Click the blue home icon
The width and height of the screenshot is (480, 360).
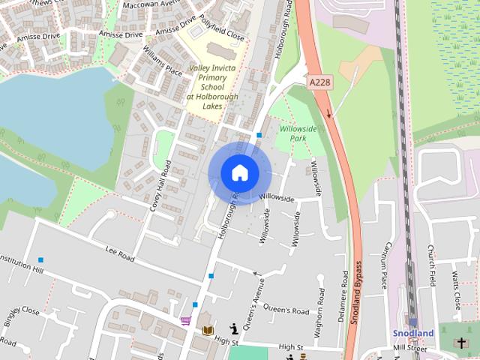[239, 172]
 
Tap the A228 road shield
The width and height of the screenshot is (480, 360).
[319, 80]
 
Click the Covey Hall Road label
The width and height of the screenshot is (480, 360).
[160, 184]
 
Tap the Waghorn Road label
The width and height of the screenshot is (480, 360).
[319, 307]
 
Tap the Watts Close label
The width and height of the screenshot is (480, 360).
[455, 290]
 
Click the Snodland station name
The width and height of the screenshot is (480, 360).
[414, 333]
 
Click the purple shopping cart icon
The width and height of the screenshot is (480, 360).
[185, 321]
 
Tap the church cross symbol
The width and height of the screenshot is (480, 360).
[460, 343]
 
